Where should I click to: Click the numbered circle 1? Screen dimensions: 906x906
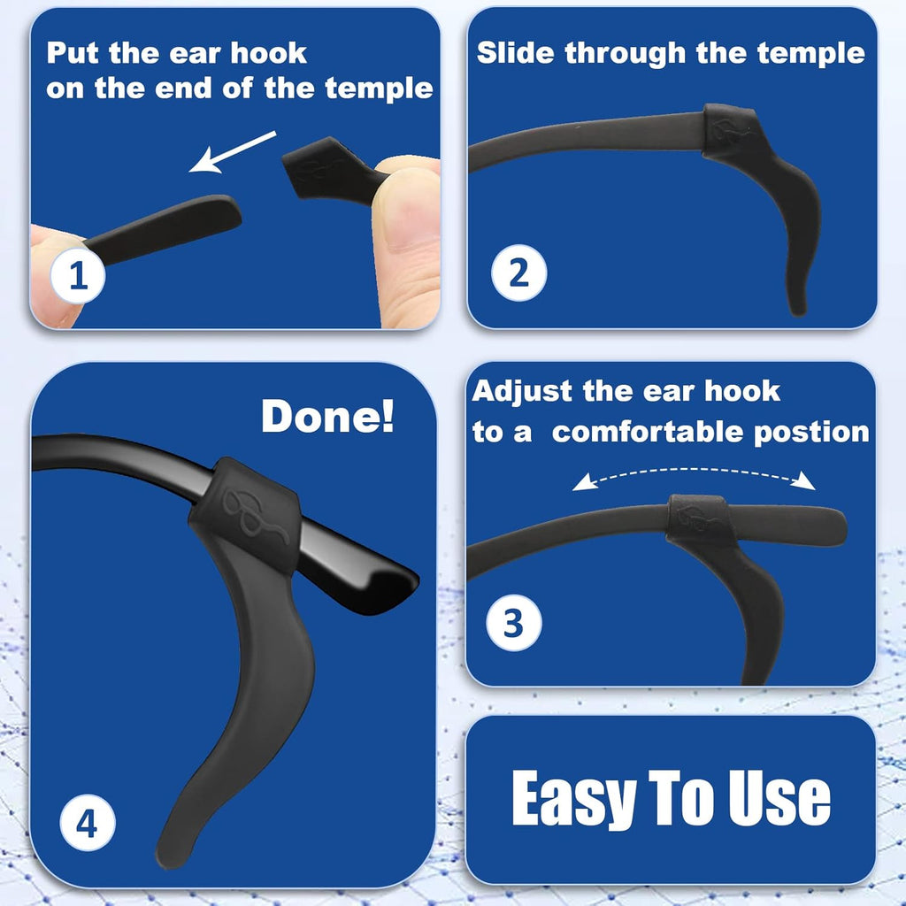click(78, 275)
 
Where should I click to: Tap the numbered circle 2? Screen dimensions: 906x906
click(519, 273)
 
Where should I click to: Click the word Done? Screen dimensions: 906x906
click(327, 417)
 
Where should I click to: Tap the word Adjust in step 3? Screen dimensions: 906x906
click(523, 390)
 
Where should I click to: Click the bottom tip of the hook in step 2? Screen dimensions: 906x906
click(797, 305)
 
